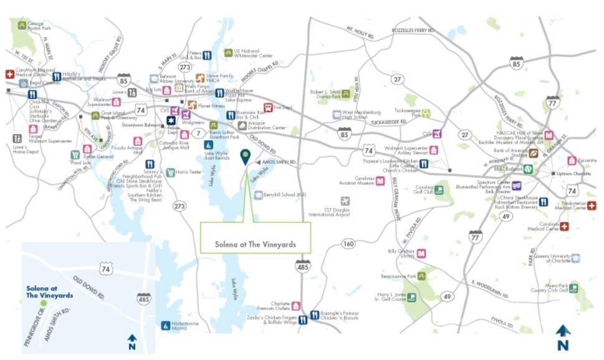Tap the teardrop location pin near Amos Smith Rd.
tap(247, 156)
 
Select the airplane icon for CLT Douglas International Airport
tap(345, 201)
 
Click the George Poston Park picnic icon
tap(22, 26)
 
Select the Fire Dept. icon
tap(268, 107)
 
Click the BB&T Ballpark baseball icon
tap(527, 168)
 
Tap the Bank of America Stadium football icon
tap(534, 152)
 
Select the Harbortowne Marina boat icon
tap(165, 324)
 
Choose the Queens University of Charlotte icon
tap(575, 257)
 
